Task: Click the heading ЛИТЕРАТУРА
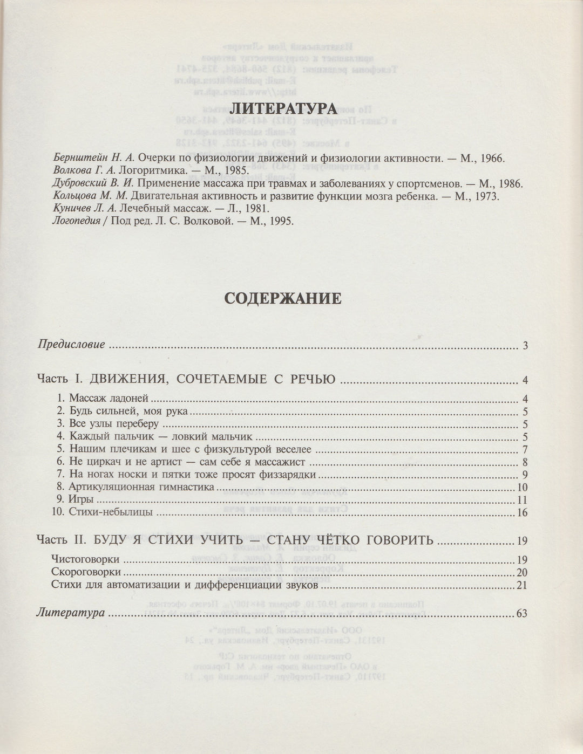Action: [x=283, y=108]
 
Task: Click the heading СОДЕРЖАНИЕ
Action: [x=283, y=298]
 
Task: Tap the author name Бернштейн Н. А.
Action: [x=94, y=159]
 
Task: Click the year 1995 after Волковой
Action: [x=280, y=221]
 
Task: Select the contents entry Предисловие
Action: [x=71, y=345]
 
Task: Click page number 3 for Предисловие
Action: [x=525, y=346]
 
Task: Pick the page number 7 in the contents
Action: [x=525, y=450]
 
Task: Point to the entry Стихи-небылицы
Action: [x=111, y=512]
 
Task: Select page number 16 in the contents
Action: [x=522, y=513]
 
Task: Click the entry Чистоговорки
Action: [x=85, y=559]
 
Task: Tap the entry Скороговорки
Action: [x=86, y=572]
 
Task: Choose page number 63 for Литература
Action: [x=521, y=614]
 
